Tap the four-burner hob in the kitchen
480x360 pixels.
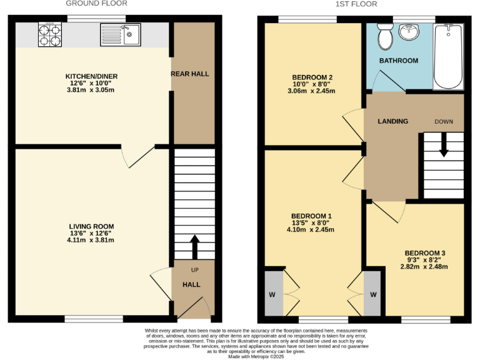(49, 35)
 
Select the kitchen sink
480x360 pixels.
(120, 35)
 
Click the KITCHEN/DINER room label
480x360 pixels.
(92, 76)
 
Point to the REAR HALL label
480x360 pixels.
(190, 74)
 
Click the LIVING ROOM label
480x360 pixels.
(92, 226)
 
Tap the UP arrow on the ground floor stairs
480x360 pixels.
(194, 246)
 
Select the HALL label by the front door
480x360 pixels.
(191, 284)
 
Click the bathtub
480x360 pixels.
(449, 57)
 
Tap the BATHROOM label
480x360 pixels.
(399, 61)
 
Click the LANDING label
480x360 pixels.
(392, 121)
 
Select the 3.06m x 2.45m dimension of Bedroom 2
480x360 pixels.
(311, 91)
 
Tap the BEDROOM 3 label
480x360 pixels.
(424, 252)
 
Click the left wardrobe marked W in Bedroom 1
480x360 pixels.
(272, 294)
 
